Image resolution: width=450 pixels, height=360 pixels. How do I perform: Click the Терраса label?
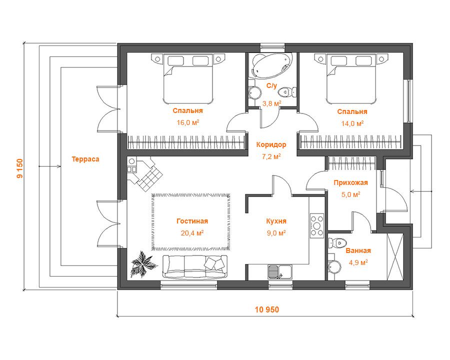(85, 159)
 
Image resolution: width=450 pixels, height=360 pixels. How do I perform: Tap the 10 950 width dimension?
(267, 309)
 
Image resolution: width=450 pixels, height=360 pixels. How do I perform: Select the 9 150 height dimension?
(20, 168)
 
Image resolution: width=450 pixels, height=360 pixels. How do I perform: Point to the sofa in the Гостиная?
(195, 266)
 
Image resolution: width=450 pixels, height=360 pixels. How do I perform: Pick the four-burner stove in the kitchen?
(317, 225)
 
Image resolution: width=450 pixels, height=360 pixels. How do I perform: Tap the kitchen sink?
(280, 272)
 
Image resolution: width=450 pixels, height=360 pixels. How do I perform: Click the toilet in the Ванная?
(337, 243)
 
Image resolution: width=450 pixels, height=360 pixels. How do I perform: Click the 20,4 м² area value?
(192, 233)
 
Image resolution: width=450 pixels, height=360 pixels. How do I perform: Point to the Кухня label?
(276, 221)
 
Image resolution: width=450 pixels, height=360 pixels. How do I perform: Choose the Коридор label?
(271, 144)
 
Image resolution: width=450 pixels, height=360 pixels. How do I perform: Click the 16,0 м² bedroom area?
(187, 122)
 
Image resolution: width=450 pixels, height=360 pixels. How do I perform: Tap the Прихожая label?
(350, 182)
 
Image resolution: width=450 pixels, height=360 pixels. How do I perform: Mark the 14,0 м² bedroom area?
(352, 123)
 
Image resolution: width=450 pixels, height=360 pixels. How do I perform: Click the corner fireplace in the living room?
(145, 173)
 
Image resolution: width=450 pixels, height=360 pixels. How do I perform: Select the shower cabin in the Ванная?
(395, 256)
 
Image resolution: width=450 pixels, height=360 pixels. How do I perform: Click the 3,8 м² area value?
(271, 103)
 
